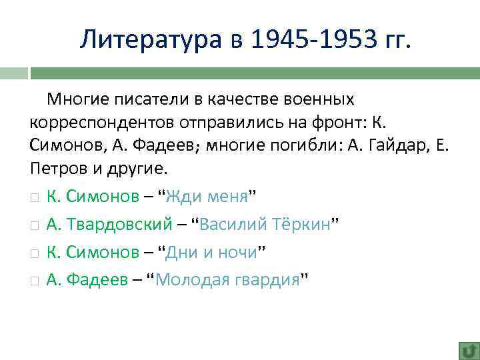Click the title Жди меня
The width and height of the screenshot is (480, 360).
[x=206, y=197]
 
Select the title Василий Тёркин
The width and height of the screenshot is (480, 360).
[x=265, y=225]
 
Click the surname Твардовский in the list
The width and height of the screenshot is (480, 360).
[x=117, y=225]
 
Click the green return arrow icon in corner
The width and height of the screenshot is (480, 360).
[x=467, y=350]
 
